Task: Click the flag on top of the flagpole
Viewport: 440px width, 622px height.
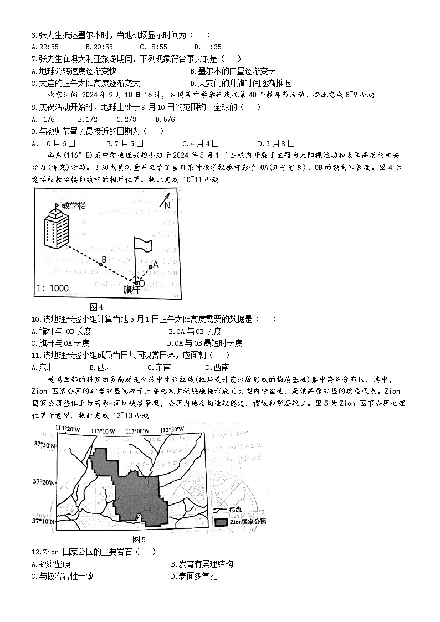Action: (x=144, y=244)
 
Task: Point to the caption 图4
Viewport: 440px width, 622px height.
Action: (x=96, y=307)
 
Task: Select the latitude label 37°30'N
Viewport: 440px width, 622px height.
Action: (x=44, y=444)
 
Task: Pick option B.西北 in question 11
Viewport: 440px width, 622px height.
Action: (x=101, y=367)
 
